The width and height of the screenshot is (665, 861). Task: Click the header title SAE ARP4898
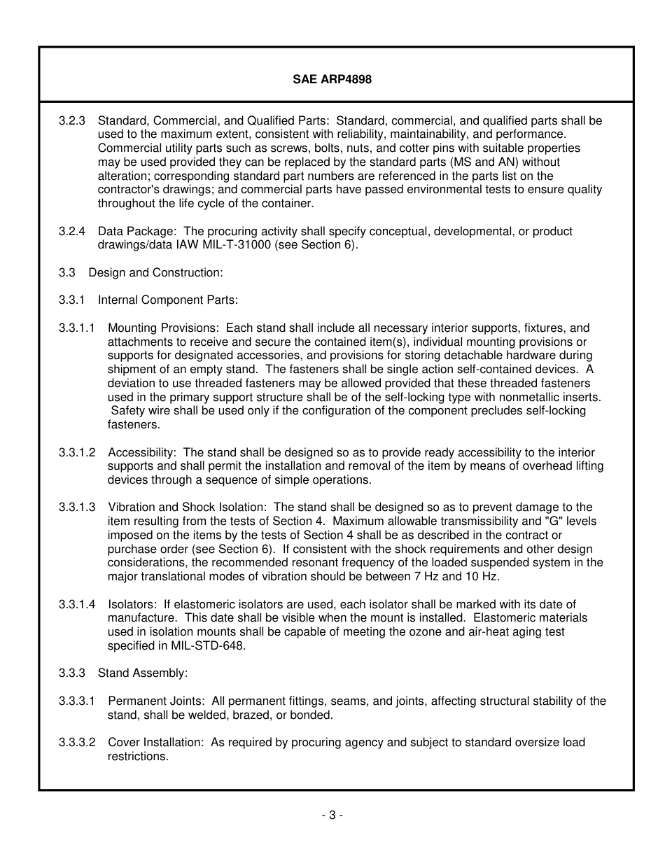click(x=332, y=79)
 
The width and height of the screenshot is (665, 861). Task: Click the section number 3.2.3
click(x=72, y=121)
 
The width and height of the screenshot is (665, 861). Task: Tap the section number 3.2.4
click(x=72, y=231)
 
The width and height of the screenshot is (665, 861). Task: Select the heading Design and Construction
click(x=155, y=272)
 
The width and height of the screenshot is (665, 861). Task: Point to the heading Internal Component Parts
click(x=168, y=300)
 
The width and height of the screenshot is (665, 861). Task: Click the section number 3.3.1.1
click(x=77, y=328)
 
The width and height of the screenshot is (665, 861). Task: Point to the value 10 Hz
click(x=483, y=577)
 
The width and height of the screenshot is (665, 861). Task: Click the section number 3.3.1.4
click(x=77, y=604)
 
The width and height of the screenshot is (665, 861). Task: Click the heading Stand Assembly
click(x=143, y=673)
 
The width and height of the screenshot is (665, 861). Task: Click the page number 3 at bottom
click(x=332, y=815)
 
